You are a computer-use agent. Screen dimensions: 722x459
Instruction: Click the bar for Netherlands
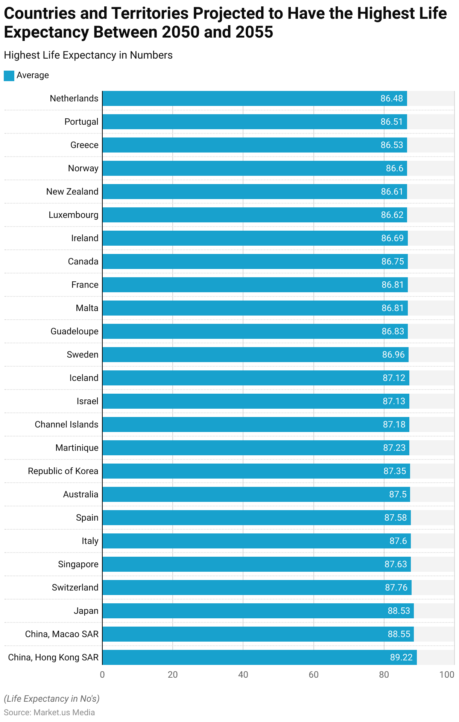point(241,98)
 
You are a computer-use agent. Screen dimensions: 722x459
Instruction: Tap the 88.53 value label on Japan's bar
point(399,611)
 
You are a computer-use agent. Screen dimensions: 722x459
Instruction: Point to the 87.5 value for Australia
point(398,494)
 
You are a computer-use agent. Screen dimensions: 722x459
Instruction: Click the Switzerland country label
point(75,588)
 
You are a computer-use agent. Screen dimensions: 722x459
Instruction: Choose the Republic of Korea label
point(63,471)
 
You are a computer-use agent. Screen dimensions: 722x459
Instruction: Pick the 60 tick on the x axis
point(313,675)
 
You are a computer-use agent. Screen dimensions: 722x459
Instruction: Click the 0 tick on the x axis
point(102,675)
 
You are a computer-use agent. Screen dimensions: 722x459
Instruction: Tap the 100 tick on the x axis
point(447,675)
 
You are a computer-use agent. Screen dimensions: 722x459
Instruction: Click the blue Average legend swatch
point(9,76)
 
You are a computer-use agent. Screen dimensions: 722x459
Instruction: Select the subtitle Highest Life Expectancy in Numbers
point(88,55)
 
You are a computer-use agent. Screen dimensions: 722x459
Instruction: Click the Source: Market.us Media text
point(49,713)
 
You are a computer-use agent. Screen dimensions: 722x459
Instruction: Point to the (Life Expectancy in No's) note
point(52,699)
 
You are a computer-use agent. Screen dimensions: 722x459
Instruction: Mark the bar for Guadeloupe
point(241,331)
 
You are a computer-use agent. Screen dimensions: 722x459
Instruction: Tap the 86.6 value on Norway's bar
point(394,168)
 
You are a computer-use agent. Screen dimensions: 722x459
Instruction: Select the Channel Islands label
point(66,424)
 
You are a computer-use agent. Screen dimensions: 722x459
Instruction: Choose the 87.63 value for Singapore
point(395,564)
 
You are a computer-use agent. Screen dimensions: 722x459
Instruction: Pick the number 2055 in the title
point(254,32)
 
